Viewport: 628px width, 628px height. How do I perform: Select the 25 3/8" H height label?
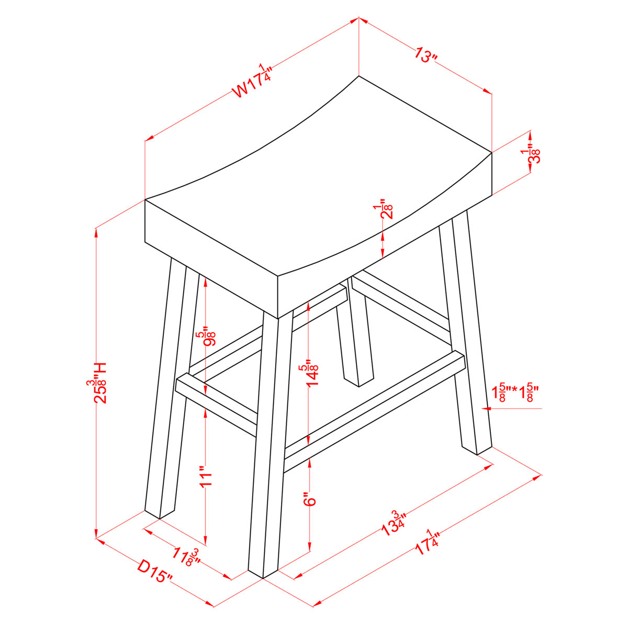[97, 383]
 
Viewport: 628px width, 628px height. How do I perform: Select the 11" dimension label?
[206, 476]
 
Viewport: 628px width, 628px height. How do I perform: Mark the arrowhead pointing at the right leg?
[486, 408]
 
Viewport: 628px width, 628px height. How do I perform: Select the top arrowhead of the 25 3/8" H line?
[96, 231]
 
